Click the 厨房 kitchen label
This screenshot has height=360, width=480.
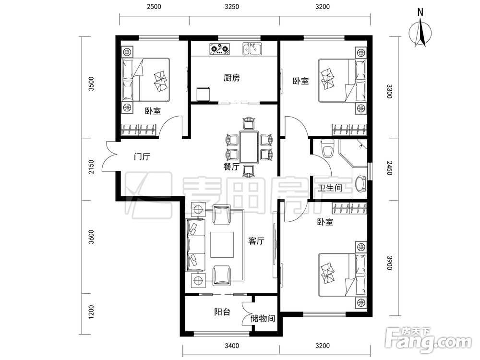click(x=232, y=78)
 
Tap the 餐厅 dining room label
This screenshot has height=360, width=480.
click(x=231, y=167)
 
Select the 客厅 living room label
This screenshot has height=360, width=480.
click(x=256, y=241)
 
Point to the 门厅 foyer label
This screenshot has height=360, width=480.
click(x=142, y=157)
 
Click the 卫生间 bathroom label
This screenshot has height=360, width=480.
click(x=330, y=188)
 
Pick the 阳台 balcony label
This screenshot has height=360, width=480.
click(x=222, y=312)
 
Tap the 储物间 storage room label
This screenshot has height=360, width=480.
click(x=263, y=319)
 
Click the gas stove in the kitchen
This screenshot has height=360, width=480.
click(x=219, y=49)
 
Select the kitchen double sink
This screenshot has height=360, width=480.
click(x=252, y=48)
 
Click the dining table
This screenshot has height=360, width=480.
click(x=249, y=147)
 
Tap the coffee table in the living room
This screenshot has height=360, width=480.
click(x=222, y=245)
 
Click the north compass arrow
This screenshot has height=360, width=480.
click(x=421, y=33)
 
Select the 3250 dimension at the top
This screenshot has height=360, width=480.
click(x=232, y=7)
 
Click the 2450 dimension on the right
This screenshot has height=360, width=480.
click(x=389, y=168)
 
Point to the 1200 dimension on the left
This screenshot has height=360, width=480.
click(x=91, y=312)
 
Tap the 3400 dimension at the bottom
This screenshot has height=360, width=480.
click(x=232, y=346)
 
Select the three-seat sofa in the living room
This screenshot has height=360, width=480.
click(x=196, y=245)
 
